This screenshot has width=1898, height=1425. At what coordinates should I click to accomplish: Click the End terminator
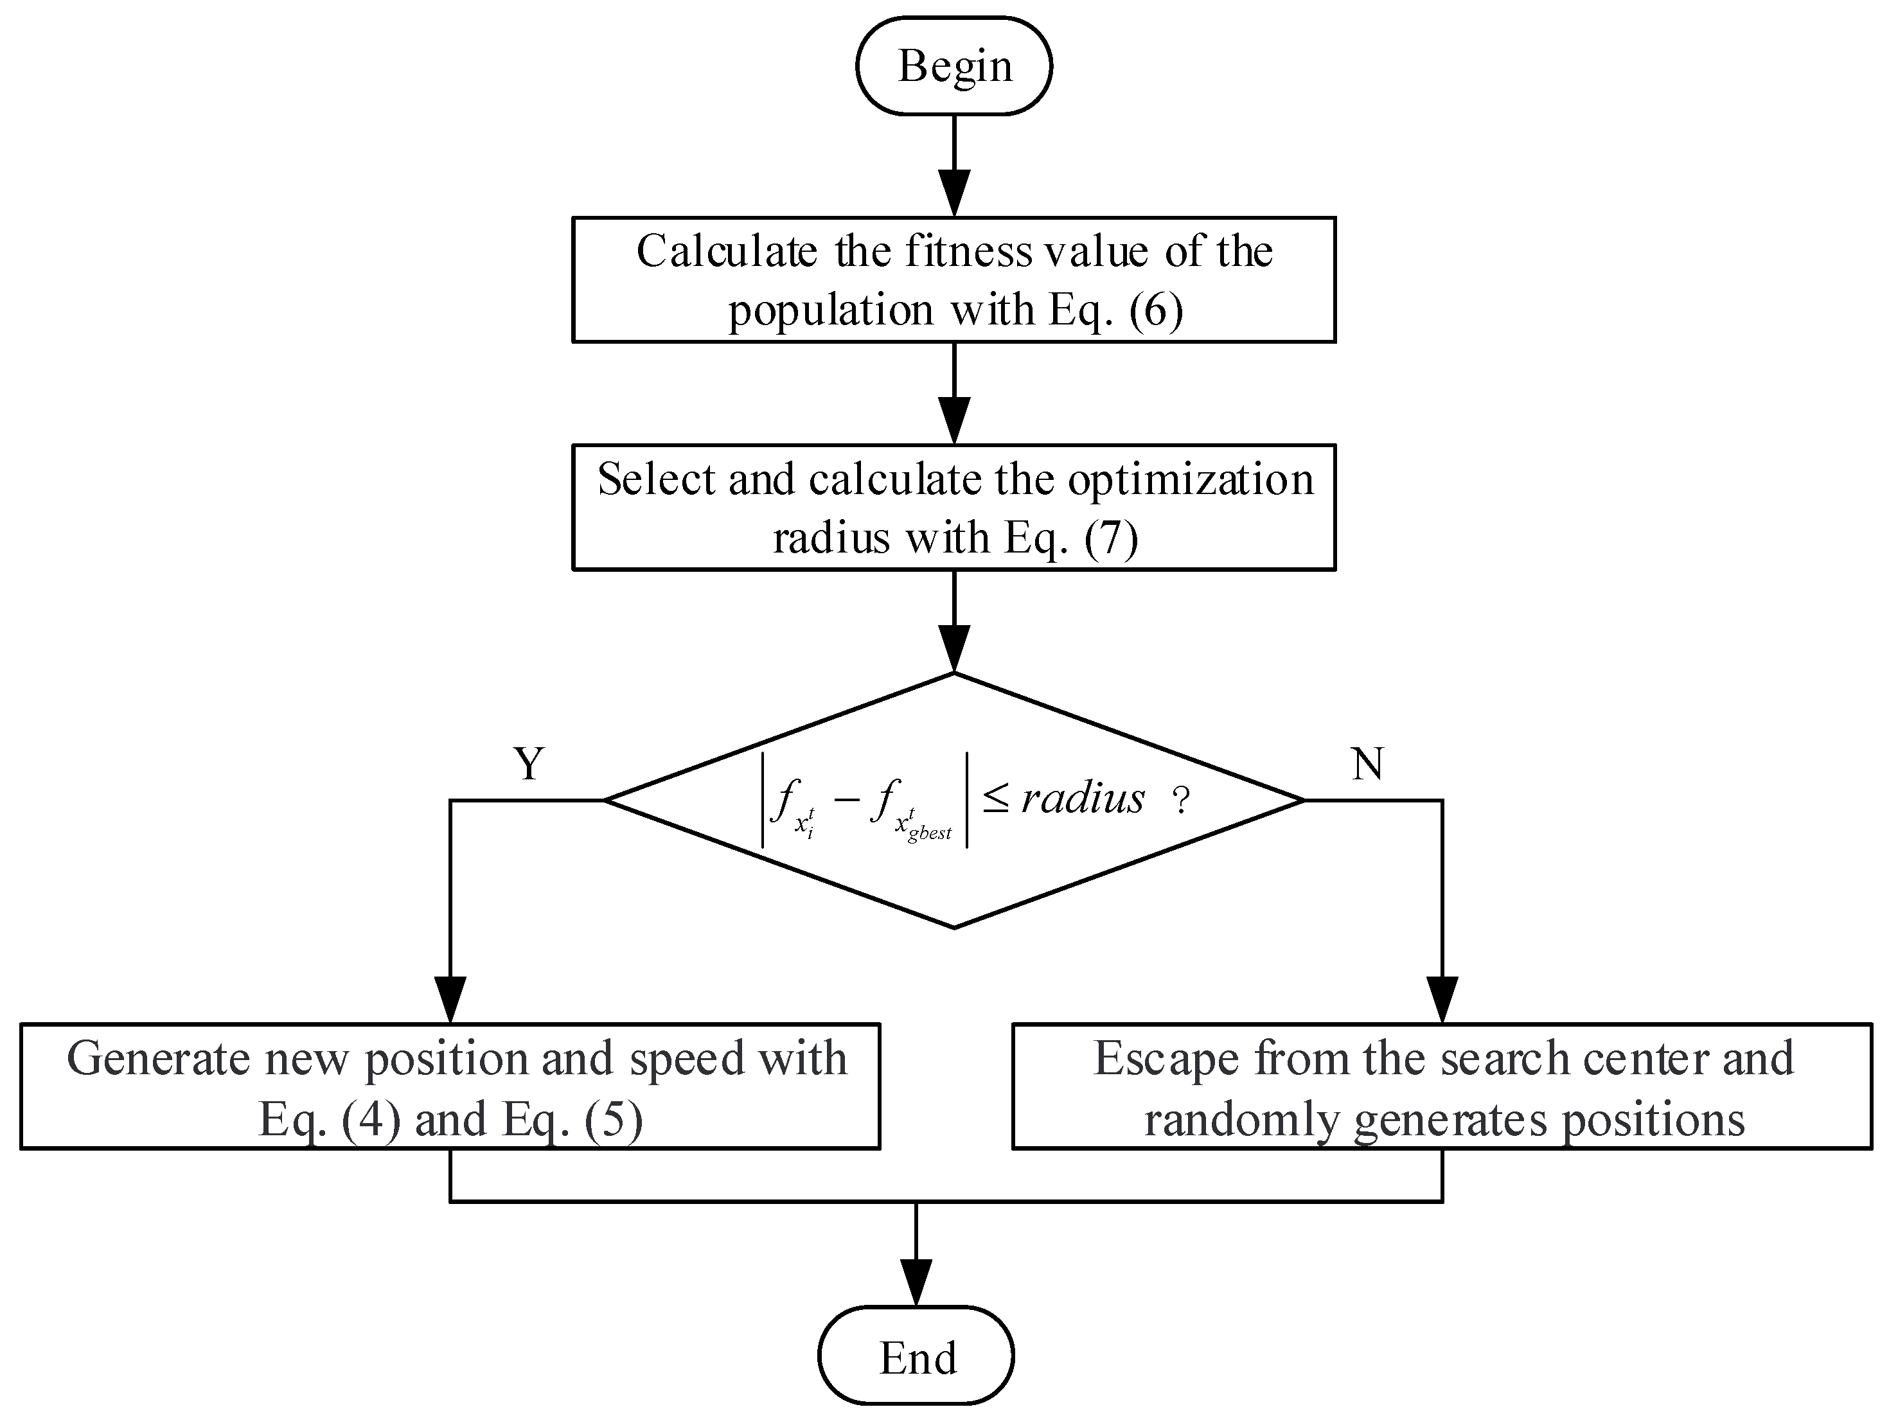tap(916, 1358)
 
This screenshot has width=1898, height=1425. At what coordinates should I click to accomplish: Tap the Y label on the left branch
tap(529, 763)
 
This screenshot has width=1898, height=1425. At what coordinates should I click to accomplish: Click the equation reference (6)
tap(1155, 310)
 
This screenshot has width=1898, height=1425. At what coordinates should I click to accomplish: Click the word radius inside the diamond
tap(1082, 799)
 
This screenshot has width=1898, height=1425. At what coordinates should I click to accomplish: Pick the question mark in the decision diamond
tap(1182, 801)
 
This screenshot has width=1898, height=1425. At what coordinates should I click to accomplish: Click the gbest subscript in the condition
tap(929, 832)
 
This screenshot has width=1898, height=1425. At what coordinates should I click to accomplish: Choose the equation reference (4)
tap(371, 1120)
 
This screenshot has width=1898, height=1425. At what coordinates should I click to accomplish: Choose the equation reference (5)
tap(613, 1120)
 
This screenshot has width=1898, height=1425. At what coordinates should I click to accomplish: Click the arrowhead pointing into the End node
tap(916, 1284)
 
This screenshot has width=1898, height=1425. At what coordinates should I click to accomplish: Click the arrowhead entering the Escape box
tap(1442, 1000)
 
